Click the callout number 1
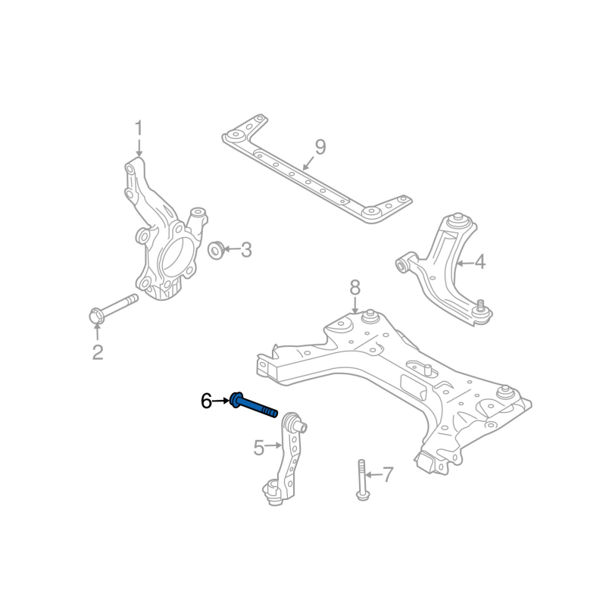click(x=139, y=128)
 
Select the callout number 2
click(x=98, y=352)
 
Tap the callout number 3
click(x=245, y=249)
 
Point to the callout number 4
click(x=479, y=263)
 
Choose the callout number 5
click(x=259, y=448)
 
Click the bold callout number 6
click(x=206, y=401)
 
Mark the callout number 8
click(x=355, y=288)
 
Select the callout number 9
click(x=320, y=147)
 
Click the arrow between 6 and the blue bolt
click(x=221, y=401)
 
